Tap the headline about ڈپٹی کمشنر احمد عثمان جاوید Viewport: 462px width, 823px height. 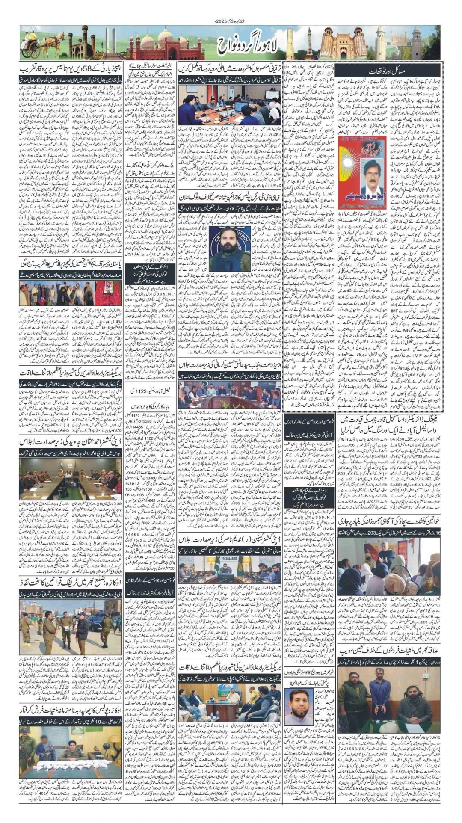(71, 441)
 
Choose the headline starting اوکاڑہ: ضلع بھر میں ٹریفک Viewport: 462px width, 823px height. (71, 582)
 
